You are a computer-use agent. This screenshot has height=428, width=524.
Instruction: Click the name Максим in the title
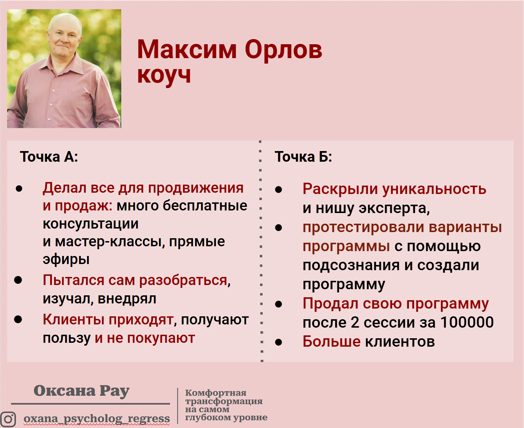click(186, 50)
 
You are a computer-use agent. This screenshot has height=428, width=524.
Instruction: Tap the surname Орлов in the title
click(283, 50)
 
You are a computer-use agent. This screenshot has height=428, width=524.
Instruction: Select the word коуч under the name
click(164, 76)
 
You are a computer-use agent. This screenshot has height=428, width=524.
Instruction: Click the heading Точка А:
click(49, 157)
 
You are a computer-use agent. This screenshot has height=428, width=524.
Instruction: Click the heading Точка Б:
click(303, 157)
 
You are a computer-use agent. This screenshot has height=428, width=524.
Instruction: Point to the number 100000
click(467, 322)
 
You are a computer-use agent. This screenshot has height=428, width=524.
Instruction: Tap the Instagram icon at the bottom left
click(8, 419)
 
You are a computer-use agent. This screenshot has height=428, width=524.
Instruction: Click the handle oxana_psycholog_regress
click(96, 418)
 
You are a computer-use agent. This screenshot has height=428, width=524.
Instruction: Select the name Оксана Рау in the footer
click(81, 391)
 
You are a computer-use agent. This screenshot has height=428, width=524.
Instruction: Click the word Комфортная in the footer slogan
click(216, 393)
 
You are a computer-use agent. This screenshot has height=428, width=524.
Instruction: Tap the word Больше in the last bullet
click(331, 341)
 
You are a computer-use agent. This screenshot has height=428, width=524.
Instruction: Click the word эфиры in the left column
click(66, 260)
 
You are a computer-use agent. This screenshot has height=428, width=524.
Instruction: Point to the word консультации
click(90, 224)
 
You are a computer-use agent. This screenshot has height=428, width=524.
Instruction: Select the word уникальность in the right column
click(434, 189)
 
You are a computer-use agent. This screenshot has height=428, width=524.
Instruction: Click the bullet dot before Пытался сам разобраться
click(18, 280)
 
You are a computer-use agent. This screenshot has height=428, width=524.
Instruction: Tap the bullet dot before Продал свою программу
click(278, 304)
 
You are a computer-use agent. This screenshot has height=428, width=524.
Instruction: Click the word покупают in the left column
click(161, 338)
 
